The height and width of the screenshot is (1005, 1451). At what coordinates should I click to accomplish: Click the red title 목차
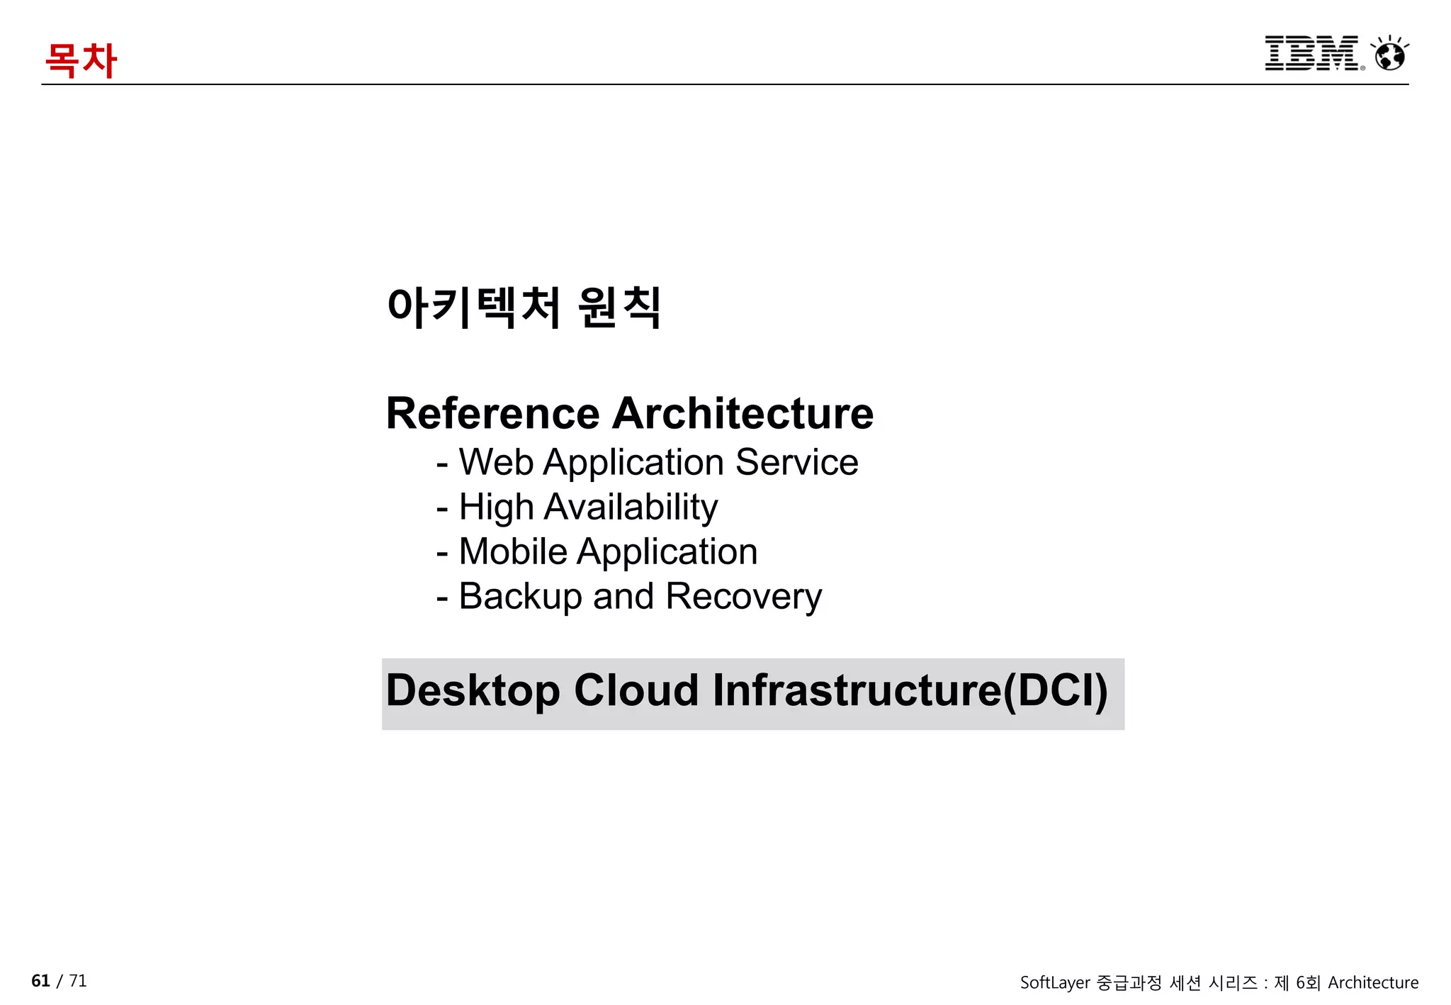tap(80, 60)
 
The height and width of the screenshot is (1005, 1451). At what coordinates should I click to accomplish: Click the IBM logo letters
tap(1311, 53)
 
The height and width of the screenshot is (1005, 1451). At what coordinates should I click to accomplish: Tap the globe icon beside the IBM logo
tap(1390, 54)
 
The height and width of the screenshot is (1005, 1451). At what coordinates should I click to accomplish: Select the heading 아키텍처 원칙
tap(524, 308)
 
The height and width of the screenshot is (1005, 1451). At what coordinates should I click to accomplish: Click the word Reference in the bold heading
tap(492, 413)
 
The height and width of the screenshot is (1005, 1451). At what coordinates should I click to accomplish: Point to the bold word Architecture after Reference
tap(743, 413)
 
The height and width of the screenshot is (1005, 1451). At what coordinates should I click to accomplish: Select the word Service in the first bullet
tap(796, 462)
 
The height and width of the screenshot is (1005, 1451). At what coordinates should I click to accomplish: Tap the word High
tap(496, 507)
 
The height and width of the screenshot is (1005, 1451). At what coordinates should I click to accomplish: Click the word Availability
tap(631, 507)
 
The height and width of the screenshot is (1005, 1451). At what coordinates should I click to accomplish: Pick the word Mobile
tap(513, 551)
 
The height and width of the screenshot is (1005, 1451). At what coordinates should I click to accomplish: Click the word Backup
tap(520, 596)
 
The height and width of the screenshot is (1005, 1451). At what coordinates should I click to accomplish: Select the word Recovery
tap(743, 596)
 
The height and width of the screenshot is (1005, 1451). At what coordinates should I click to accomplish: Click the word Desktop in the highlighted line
tap(473, 690)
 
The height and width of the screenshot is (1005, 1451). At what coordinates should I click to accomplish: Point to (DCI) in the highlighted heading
tap(1055, 690)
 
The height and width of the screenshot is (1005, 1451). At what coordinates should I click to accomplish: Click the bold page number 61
tap(40, 981)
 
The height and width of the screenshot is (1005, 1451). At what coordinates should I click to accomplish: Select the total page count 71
tap(78, 981)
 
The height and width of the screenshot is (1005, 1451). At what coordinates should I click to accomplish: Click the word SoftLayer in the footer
tap(1054, 983)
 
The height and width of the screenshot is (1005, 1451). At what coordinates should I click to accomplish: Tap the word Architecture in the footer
tap(1372, 983)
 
